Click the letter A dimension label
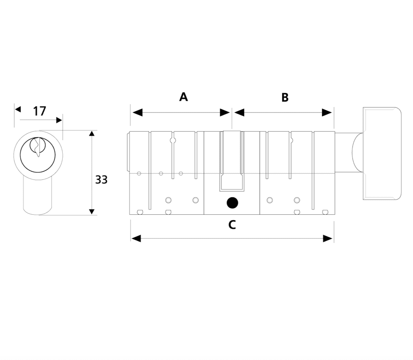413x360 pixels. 183,97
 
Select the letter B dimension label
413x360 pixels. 285,98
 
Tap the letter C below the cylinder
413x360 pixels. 232,225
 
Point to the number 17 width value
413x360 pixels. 39,111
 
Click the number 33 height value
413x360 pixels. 101,179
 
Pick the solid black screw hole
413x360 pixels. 232,203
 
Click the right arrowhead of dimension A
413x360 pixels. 225,113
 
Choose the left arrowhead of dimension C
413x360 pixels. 136,239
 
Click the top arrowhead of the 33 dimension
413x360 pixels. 91,133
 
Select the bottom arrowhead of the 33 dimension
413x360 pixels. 91,212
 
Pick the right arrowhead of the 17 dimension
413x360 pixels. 59,120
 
